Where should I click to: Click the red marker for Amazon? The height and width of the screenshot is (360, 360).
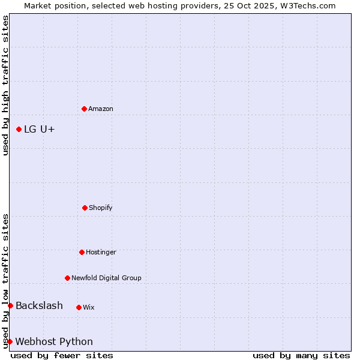pos(84,109)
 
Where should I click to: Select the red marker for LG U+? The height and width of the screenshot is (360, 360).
pos(19,129)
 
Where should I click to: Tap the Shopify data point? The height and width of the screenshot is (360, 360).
pos(85,208)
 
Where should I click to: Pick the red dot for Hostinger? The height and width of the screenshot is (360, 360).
pos(82,252)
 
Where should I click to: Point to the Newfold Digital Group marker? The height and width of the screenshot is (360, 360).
pos(67,278)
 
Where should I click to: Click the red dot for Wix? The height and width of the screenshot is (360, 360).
pos(79,307)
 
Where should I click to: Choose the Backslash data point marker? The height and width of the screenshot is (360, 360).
pos(10,305)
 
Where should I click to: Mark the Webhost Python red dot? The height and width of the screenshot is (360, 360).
pos(10,341)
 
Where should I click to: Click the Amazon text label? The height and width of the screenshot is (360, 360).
pos(101,109)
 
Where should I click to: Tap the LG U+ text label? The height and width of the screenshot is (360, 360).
pos(40,129)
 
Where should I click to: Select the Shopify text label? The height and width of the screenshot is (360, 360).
pos(101,208)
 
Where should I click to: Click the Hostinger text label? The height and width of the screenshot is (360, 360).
pos(101,252)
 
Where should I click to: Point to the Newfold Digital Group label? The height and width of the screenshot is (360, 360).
pos(106,278)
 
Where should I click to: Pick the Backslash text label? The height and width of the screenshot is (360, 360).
pos(39,306)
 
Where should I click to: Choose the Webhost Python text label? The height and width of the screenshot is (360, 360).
pos(54,342)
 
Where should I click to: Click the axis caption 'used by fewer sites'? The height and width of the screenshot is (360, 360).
pos(62,355)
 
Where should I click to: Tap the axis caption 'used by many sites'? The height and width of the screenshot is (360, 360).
pos(301,355)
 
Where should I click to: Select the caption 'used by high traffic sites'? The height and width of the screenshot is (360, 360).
pos(5,85)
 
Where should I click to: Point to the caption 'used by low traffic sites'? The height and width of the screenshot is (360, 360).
pos(5,281)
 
